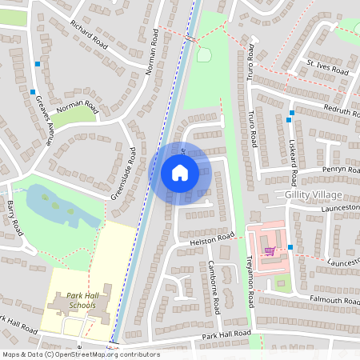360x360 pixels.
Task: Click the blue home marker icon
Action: point(180,173)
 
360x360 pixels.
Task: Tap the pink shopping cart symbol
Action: point(270,250)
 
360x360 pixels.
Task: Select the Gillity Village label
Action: point(312,195)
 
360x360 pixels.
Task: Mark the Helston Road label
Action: point(213,239)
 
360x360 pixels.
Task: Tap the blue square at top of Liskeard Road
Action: point(289,120)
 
